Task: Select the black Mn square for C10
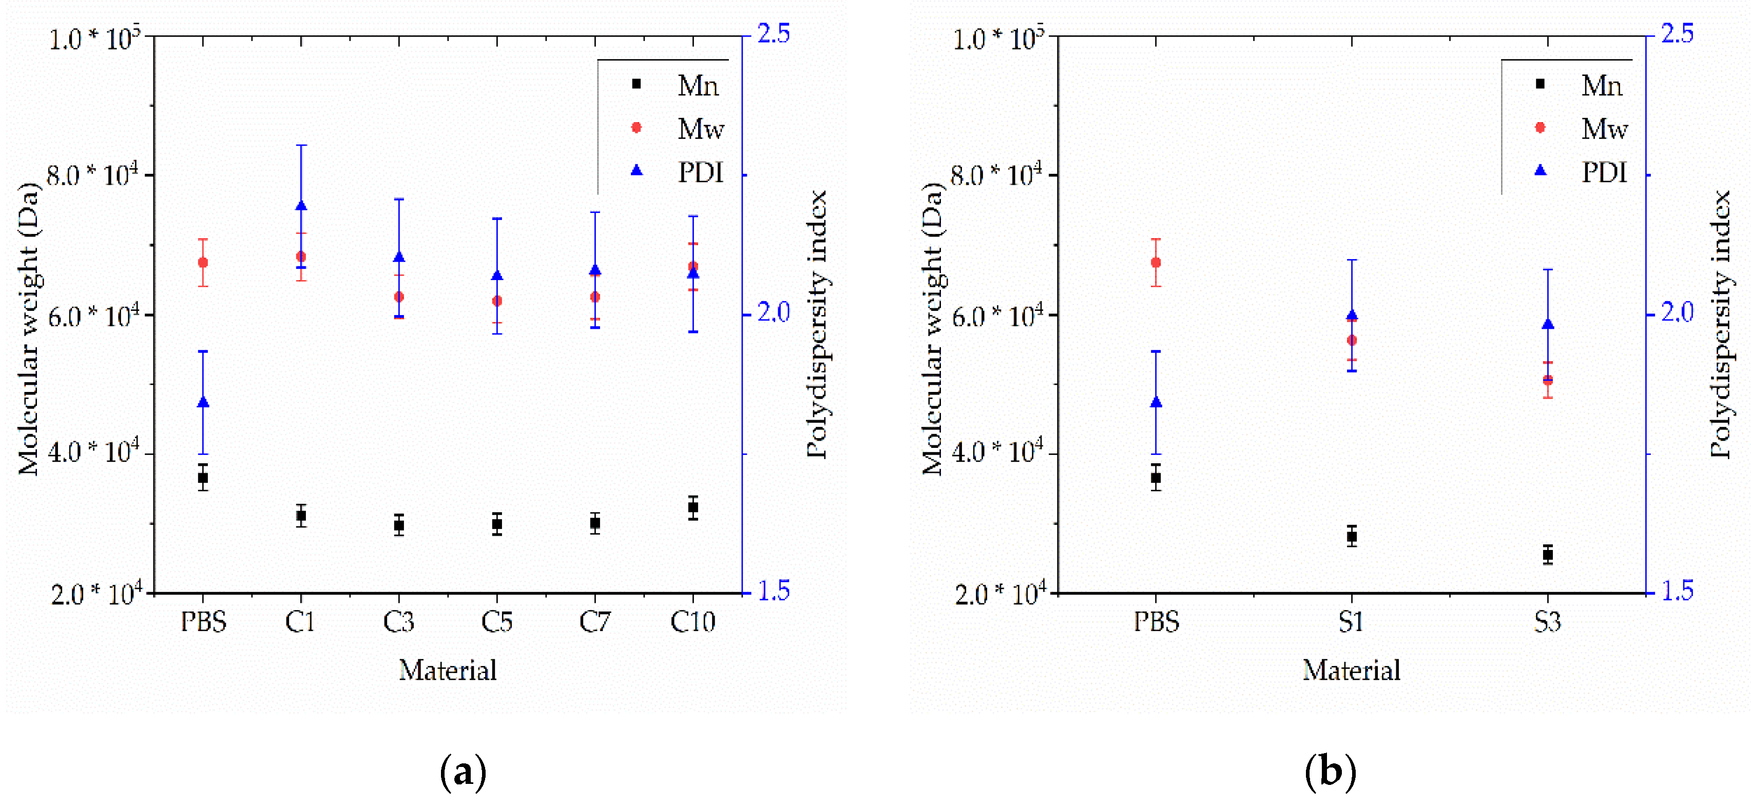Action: (692, 507)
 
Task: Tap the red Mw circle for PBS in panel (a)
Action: (203, 262)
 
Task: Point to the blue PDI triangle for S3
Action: (1548, 324)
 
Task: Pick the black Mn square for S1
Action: (1351, 536)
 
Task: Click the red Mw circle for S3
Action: (1548, 380)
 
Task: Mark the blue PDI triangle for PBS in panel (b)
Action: (1156, 403)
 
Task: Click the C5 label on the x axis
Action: (497, 622)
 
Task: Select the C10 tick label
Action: (692, 622)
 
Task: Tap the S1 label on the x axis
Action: (1351, 622)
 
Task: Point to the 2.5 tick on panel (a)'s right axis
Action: (774, 34)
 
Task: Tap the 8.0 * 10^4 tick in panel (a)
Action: (92, 175)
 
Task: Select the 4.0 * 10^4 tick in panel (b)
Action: (996, 452)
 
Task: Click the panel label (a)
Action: (463, 772)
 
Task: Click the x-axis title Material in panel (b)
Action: (1351, 671)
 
